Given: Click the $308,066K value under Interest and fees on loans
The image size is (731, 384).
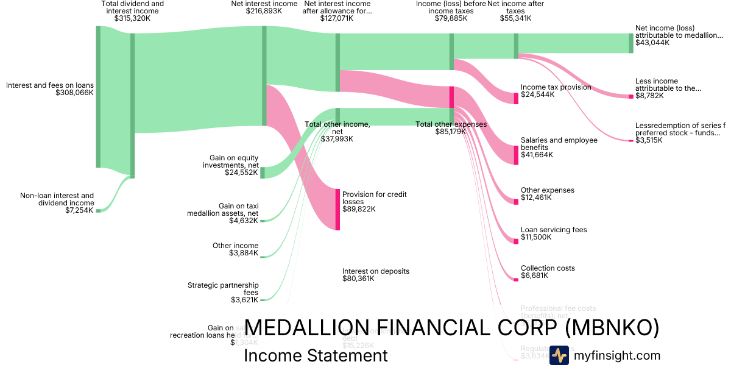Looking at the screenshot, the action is pos(74,93).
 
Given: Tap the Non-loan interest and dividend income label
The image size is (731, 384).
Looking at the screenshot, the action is pos(57,199).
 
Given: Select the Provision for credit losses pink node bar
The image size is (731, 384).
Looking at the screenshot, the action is pos(337,209).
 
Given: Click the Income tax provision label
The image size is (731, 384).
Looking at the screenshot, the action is pos(556,87).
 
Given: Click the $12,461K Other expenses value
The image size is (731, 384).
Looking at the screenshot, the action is pos(536,197).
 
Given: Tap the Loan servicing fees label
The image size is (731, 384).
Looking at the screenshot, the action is pos(554,230).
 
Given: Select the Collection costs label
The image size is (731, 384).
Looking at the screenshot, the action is pos(548,268).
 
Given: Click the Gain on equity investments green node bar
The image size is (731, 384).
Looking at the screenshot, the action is pos(263,172).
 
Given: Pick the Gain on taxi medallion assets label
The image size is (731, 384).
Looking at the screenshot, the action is pos(223,210).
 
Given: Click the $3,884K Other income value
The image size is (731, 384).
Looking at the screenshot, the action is pos(244,253).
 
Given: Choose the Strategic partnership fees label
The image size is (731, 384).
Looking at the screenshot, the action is pos(223,288).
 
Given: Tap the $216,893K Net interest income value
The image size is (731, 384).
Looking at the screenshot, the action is pos(264,11).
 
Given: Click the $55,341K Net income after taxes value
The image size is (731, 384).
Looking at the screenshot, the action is pos(515,18).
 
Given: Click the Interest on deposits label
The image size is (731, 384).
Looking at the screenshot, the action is pos(375,271).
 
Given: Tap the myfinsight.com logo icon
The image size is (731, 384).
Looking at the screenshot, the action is pos(559,355).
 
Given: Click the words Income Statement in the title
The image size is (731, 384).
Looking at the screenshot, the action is pos(316,355).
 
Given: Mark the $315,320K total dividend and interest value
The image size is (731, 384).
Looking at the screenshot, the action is pos(132,18).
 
